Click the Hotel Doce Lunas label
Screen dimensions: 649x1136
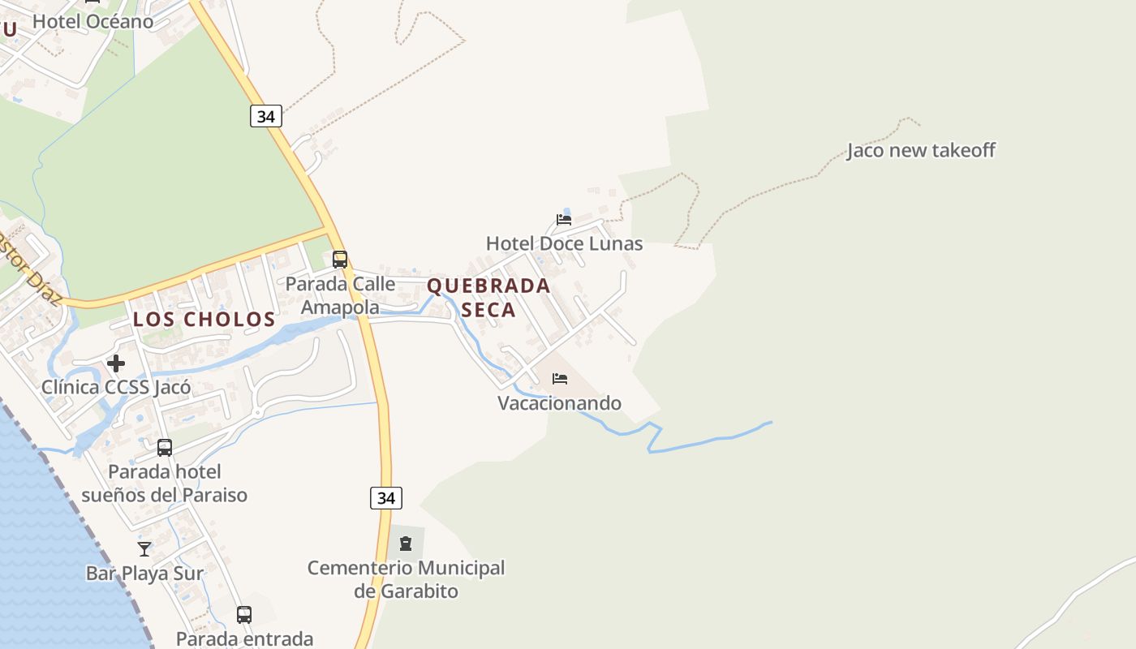564,243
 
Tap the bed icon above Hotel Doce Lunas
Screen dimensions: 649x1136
564,219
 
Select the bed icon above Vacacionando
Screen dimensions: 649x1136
560,378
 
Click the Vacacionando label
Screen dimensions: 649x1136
559,403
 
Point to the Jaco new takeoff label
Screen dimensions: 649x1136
921,150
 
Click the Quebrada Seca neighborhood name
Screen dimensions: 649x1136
488,298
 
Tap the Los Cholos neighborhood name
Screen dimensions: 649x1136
204,319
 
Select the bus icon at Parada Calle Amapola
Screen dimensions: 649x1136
340,260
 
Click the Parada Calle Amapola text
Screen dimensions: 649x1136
340,295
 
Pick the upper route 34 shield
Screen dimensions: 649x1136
265,116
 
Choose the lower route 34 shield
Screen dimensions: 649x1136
386,497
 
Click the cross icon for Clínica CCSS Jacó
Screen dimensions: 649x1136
116,363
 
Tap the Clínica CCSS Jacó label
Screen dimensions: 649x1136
116,387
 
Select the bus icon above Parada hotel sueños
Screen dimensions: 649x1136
165,447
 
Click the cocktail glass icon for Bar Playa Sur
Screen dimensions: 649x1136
144,549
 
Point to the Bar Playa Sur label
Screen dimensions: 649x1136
144,574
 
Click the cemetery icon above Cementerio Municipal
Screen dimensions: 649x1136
406,543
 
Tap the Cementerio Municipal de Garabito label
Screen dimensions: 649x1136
406,579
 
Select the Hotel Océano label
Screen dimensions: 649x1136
93,21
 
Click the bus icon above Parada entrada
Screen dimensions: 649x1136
244,614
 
